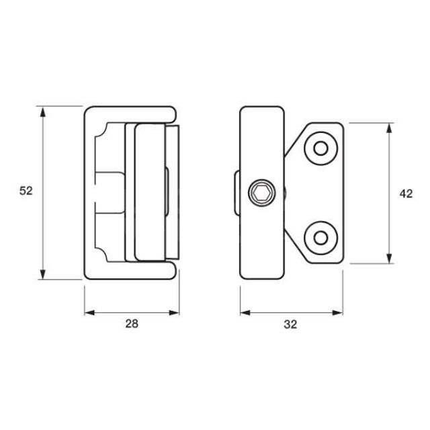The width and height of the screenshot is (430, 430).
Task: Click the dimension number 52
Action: point(26,191)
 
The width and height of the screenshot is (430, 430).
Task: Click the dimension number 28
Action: point(132,324)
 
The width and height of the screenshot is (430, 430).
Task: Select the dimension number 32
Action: point(290,324)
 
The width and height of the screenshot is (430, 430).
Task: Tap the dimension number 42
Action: point(405,193)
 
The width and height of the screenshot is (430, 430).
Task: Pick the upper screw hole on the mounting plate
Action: point(320,148)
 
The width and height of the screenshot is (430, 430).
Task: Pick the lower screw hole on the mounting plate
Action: point(320,238)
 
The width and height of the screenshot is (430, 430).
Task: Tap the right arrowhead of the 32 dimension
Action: point(339,312)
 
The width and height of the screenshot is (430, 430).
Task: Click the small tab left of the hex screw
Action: point(236,193)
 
